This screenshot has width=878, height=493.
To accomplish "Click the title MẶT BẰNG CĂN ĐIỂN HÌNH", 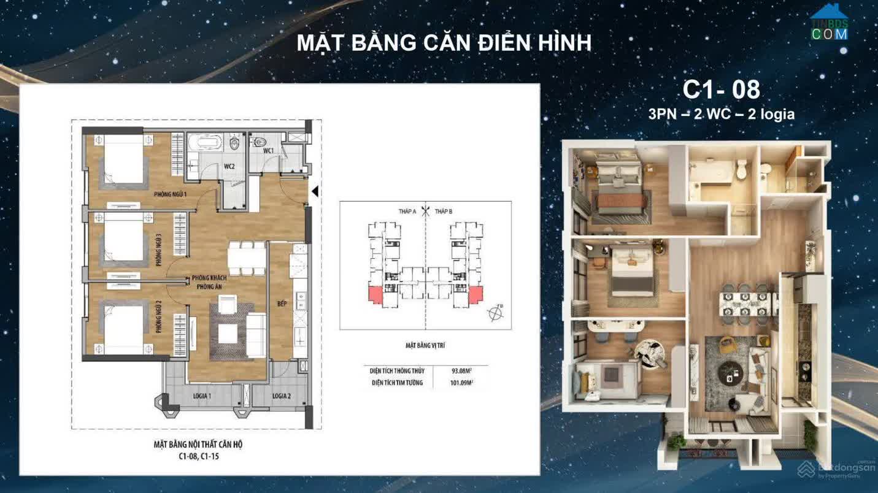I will pyautogui.click(x=444, y=43).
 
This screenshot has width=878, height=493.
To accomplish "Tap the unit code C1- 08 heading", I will pyautogui.click(x=721, y=90).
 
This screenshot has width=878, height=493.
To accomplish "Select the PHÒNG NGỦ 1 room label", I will pyautogui.click(x=170, y=194).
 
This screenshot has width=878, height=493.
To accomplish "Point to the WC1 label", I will pyautogui.click(x=268, y=150).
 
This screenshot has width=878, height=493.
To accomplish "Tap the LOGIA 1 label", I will pyautogui.click(x=202, y=396).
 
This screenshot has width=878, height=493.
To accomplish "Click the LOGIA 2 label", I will pyautogui.click(x=281, y=396).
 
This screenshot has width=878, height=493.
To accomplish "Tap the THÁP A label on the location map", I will pyautogui.click(x=407, y=212).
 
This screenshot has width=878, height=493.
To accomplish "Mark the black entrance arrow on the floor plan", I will pyautogui.click(x=315, y=192).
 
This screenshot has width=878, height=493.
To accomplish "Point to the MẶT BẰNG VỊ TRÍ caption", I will pyautogui.click(x=425, y=346).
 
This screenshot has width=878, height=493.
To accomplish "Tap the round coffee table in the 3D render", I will pyautogui.click(x=730, y=370).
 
